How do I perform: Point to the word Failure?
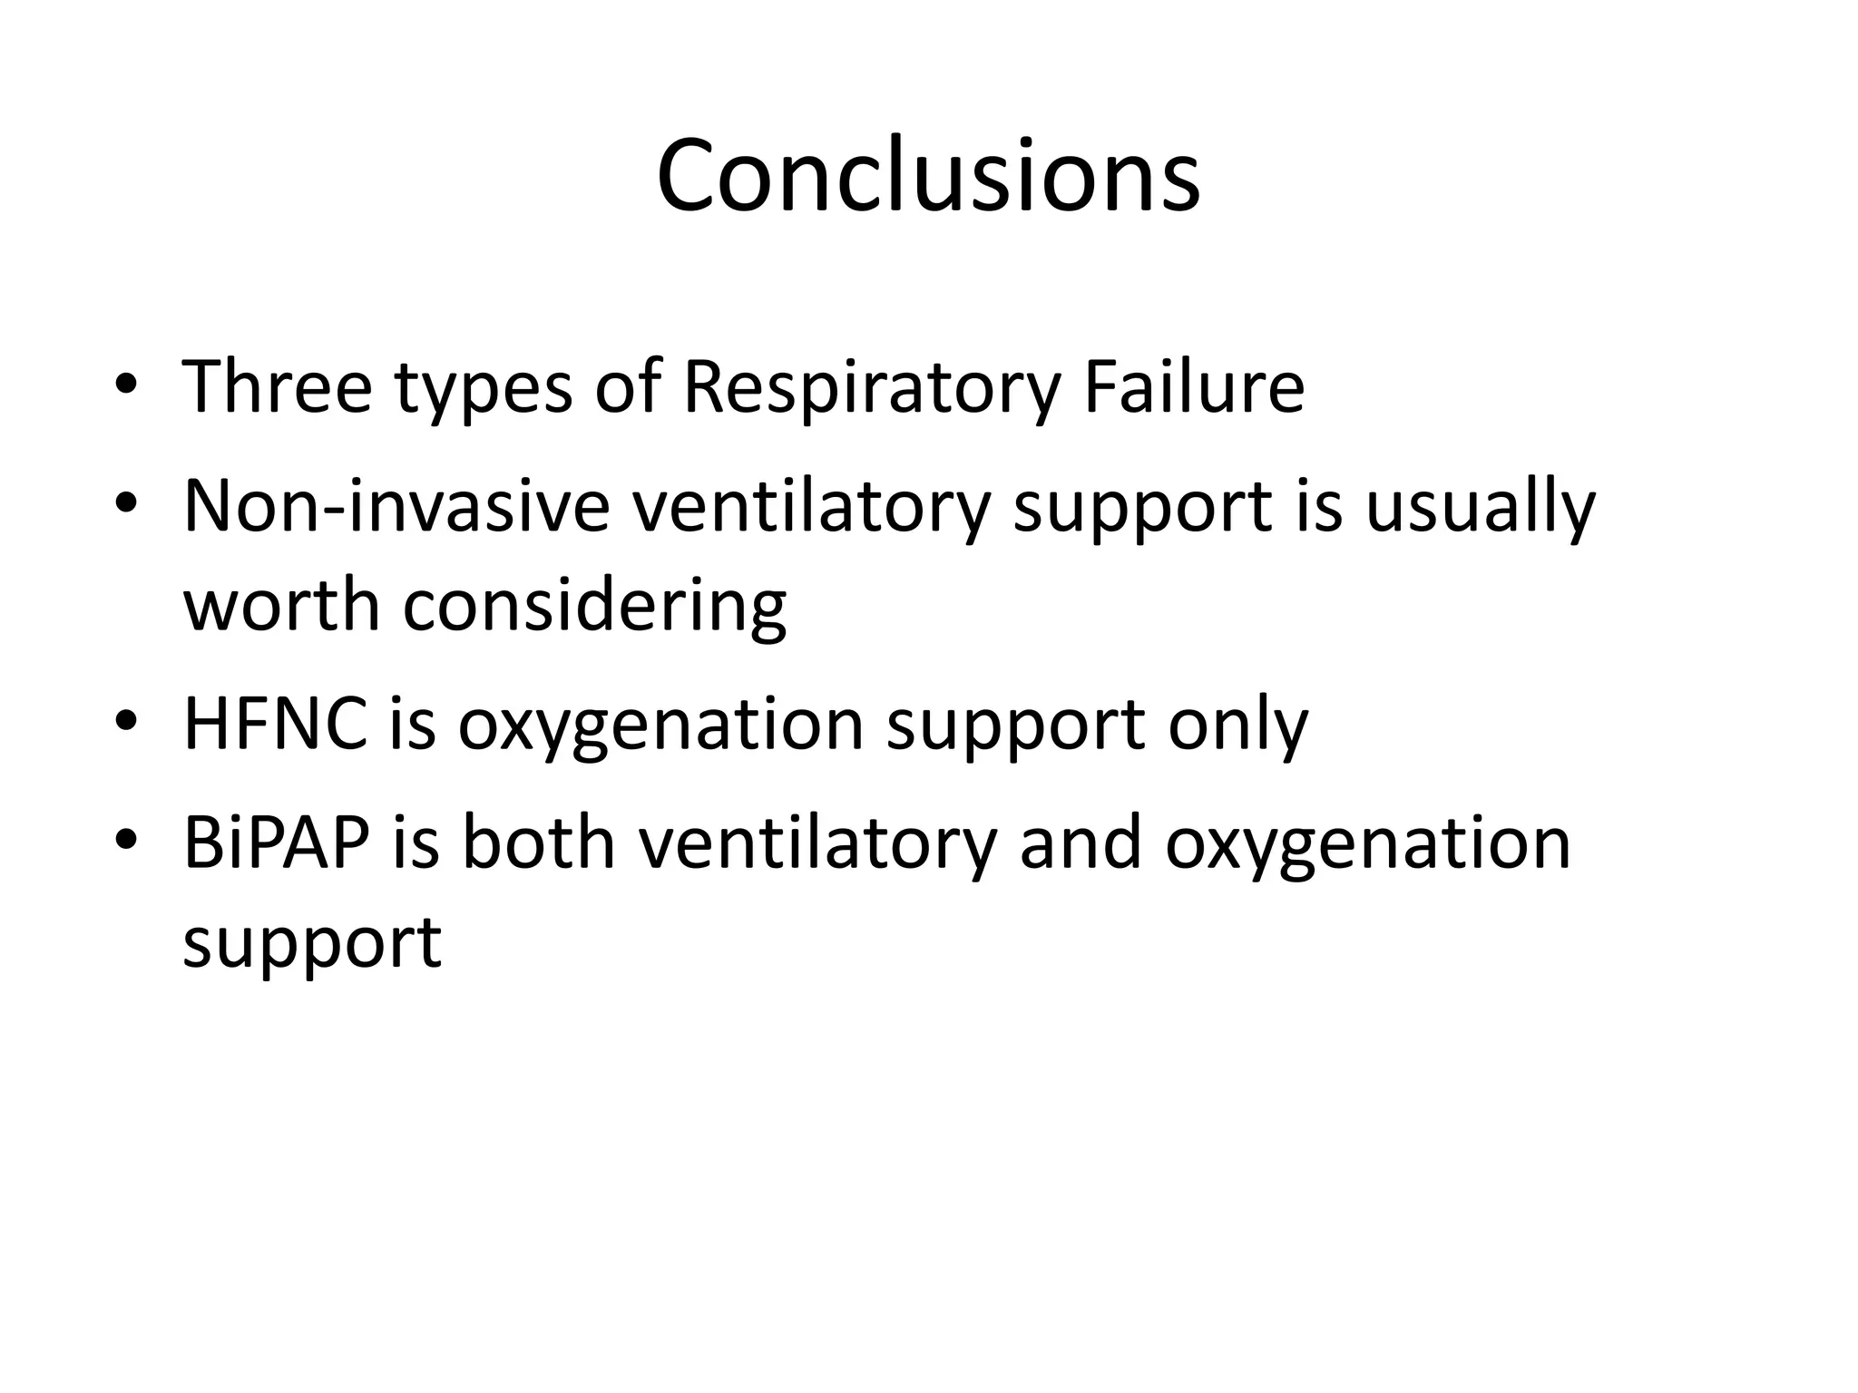pos(1194,387)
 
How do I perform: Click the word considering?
pos(594,608)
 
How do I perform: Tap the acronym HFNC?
pos(276,725)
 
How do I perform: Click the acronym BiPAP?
pos(277,843)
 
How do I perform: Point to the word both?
pos(539,843)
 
